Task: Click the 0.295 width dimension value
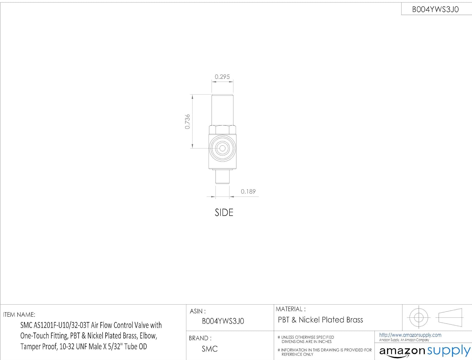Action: (222, 77)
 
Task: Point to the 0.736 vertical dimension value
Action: (187, 122)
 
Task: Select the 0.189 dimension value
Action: (248, 191)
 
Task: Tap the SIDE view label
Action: (224, 212)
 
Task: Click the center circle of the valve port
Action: (222, 148)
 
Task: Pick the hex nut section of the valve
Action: (222, 130)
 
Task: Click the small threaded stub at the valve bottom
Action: (222, 176)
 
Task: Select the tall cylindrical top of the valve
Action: (222, 110)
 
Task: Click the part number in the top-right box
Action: (435, 9)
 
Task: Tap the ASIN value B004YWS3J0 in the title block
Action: (223, 321)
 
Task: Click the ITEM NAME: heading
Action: (19, 315)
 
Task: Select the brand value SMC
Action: (210, 349)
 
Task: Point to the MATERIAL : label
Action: (290, 309)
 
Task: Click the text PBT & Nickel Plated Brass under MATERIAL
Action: (320, 320)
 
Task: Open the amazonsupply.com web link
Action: (410, 335)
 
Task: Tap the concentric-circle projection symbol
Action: (419, 317)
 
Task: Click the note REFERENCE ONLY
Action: (297, 354)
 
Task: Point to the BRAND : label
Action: (200, 338)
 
